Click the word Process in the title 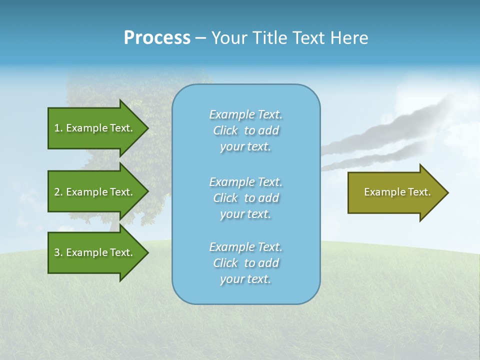(157, 38)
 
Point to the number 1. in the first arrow (58, 128)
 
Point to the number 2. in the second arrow (58, 192)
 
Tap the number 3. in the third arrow (58, 252)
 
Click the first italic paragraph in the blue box (245, 130)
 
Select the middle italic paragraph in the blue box (245, 198)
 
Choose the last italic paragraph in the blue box (245, 263)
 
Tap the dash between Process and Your (200, 38)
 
